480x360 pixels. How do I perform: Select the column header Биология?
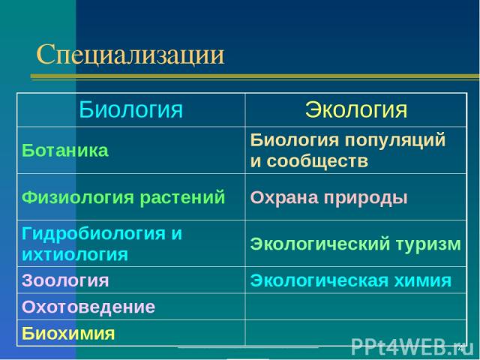(131, 109)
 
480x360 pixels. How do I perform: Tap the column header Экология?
(356, 109)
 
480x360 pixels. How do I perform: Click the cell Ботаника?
(65, 150)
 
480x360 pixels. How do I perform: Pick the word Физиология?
(78, 198)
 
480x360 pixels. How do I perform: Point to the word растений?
(182, 198)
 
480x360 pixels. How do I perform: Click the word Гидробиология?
(93, 234)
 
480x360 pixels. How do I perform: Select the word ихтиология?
(75, 255)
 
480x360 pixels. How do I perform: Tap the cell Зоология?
(65, 280)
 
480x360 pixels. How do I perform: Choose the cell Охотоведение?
(88, 307)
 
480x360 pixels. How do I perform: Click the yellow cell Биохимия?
(68, 333)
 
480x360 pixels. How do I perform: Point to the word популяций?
(395, 140)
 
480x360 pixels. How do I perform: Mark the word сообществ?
(317, 161)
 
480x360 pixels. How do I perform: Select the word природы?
(366, 198)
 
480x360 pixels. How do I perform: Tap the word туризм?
(428, 244)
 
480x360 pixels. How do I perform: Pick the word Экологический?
(320, 244)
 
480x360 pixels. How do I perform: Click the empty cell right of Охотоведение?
(356, 307)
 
